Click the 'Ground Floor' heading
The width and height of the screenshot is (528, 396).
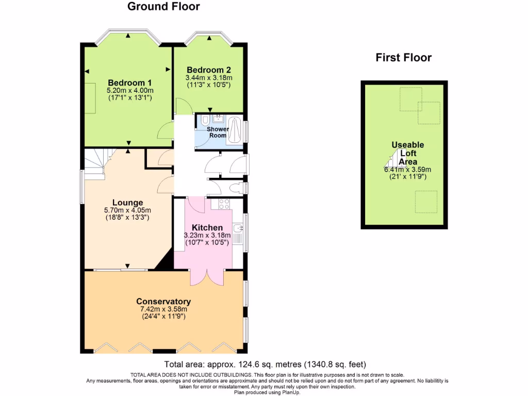tap(163, 7)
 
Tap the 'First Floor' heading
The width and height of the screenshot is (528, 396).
tap(403, 57)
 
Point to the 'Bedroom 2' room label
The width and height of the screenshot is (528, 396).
tap(208, 70)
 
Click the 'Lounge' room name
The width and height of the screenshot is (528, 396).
tap(127, 203)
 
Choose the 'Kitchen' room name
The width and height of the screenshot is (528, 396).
tap(207, 227)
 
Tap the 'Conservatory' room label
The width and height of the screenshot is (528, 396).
tap(163, 302)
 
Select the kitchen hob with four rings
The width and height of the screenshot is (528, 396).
tap(224, 204)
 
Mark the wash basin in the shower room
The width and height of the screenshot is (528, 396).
tap(218, 118)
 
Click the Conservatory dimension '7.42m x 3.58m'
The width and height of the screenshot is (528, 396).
tap(163, 309)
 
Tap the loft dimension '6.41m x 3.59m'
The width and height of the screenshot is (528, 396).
tap(407, 169)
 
